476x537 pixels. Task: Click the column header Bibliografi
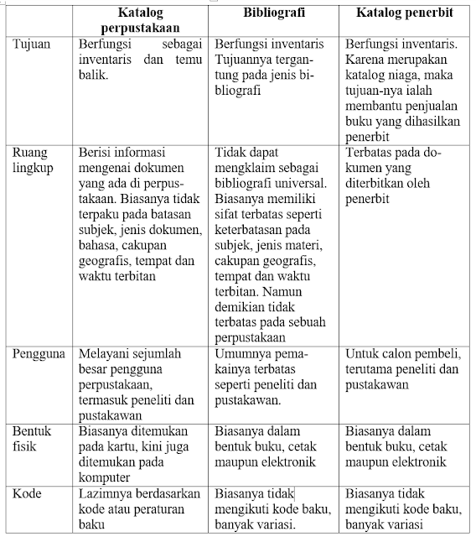tap(276, 15)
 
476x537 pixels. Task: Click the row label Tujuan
tap(31, 42)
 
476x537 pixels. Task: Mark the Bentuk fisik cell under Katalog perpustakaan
tap(139, 453)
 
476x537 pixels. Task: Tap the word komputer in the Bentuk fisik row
tap(106, 477)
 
